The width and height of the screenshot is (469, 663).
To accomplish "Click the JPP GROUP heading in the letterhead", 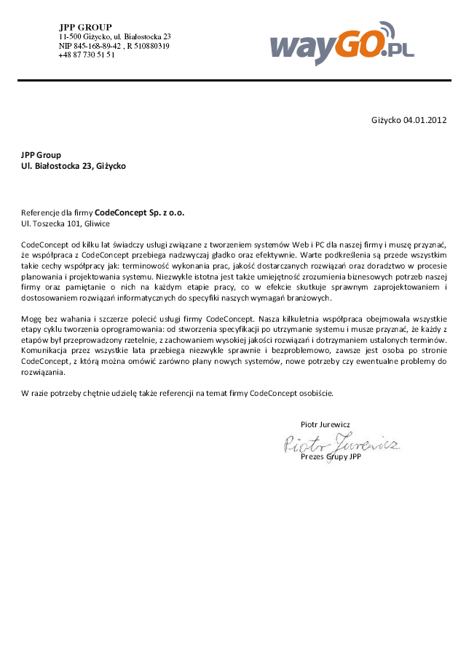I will point(85,27).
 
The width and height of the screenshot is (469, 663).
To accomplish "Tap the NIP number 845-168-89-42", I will point(92,45).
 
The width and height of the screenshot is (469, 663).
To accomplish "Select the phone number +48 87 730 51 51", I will point(87,55).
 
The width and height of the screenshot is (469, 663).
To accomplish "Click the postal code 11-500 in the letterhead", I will point(70,36).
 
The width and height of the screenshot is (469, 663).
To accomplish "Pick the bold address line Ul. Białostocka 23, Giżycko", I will point(73,166).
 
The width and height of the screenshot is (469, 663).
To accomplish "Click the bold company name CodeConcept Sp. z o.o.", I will point(140,213).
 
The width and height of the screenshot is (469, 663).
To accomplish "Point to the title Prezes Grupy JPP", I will point(331,457).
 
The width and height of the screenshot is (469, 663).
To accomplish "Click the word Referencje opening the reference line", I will point(41,213).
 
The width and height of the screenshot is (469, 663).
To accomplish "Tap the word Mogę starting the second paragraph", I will point(31,319).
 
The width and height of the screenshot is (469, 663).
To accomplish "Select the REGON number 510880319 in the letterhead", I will point(151,45).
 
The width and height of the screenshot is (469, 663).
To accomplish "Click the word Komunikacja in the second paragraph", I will point(43,350).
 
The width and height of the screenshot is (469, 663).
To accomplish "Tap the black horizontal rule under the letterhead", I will point(234,80).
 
